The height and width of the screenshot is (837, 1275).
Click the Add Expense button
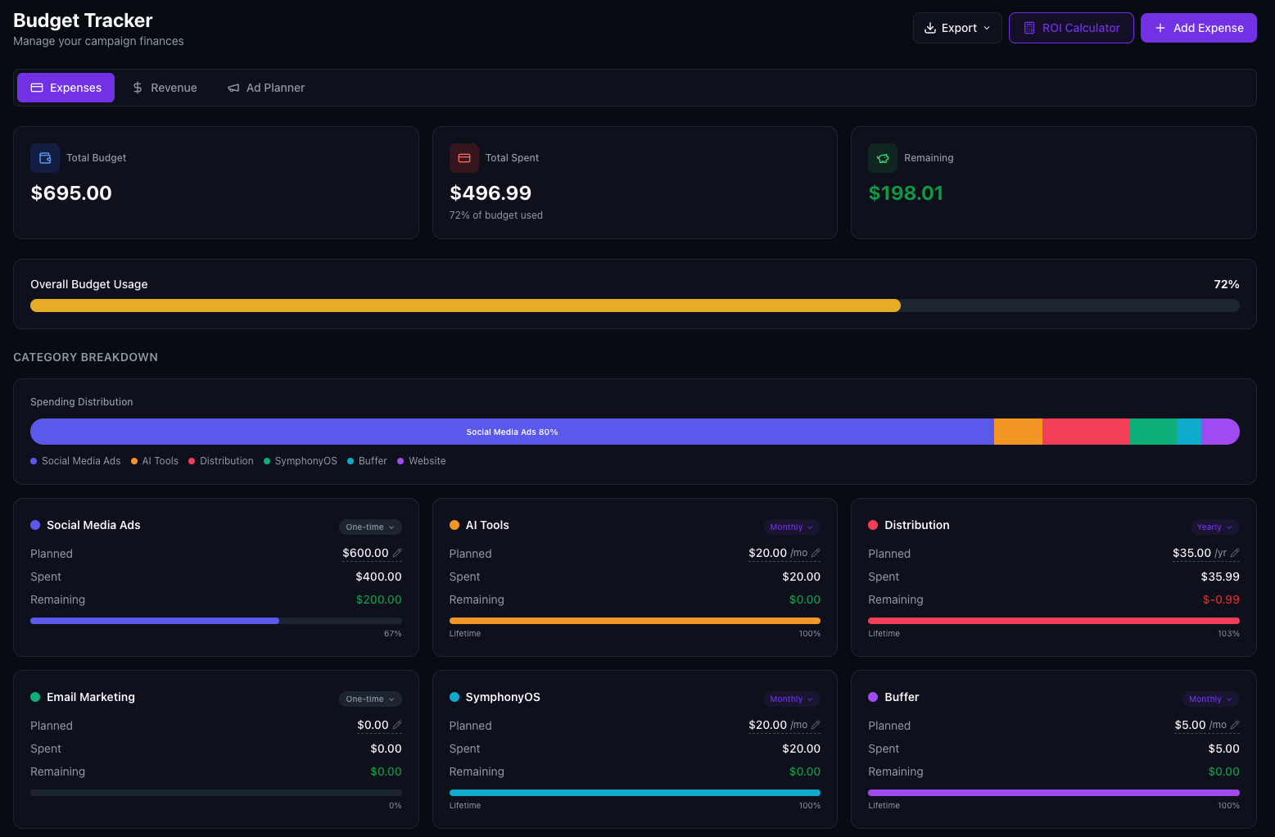[x=1198, y=28]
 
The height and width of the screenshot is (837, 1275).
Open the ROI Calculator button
[x=1071, y=28]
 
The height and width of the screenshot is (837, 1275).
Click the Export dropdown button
[x=957, y=28]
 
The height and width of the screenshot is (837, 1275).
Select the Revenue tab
[x=165, y=88]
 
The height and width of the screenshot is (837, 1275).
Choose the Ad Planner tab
[x=266, y=88]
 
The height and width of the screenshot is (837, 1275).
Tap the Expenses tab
[x=66, y=88]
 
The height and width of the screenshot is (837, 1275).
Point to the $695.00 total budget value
[x=71, y=193]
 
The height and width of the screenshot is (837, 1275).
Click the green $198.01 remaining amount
[x=906, y=193]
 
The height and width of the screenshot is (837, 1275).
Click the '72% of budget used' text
[x=495, y=215]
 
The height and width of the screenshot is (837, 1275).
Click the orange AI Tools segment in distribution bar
[x=1018, y=432]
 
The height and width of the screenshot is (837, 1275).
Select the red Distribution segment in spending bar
[x=1085, y=432]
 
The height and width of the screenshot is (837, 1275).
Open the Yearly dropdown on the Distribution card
[x=1214, y=527]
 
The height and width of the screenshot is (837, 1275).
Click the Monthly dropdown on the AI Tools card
[x=791, y=527]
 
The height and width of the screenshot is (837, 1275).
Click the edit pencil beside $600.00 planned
[x=397, y=553]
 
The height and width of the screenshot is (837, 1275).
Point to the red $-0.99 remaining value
[x=1221, y=599]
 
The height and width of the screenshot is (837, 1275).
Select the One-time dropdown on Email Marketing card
[x=370, y=699]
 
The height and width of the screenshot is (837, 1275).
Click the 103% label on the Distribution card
[x=1228, y=634]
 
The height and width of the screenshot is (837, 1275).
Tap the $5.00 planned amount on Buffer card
[x=1190, y=725]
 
